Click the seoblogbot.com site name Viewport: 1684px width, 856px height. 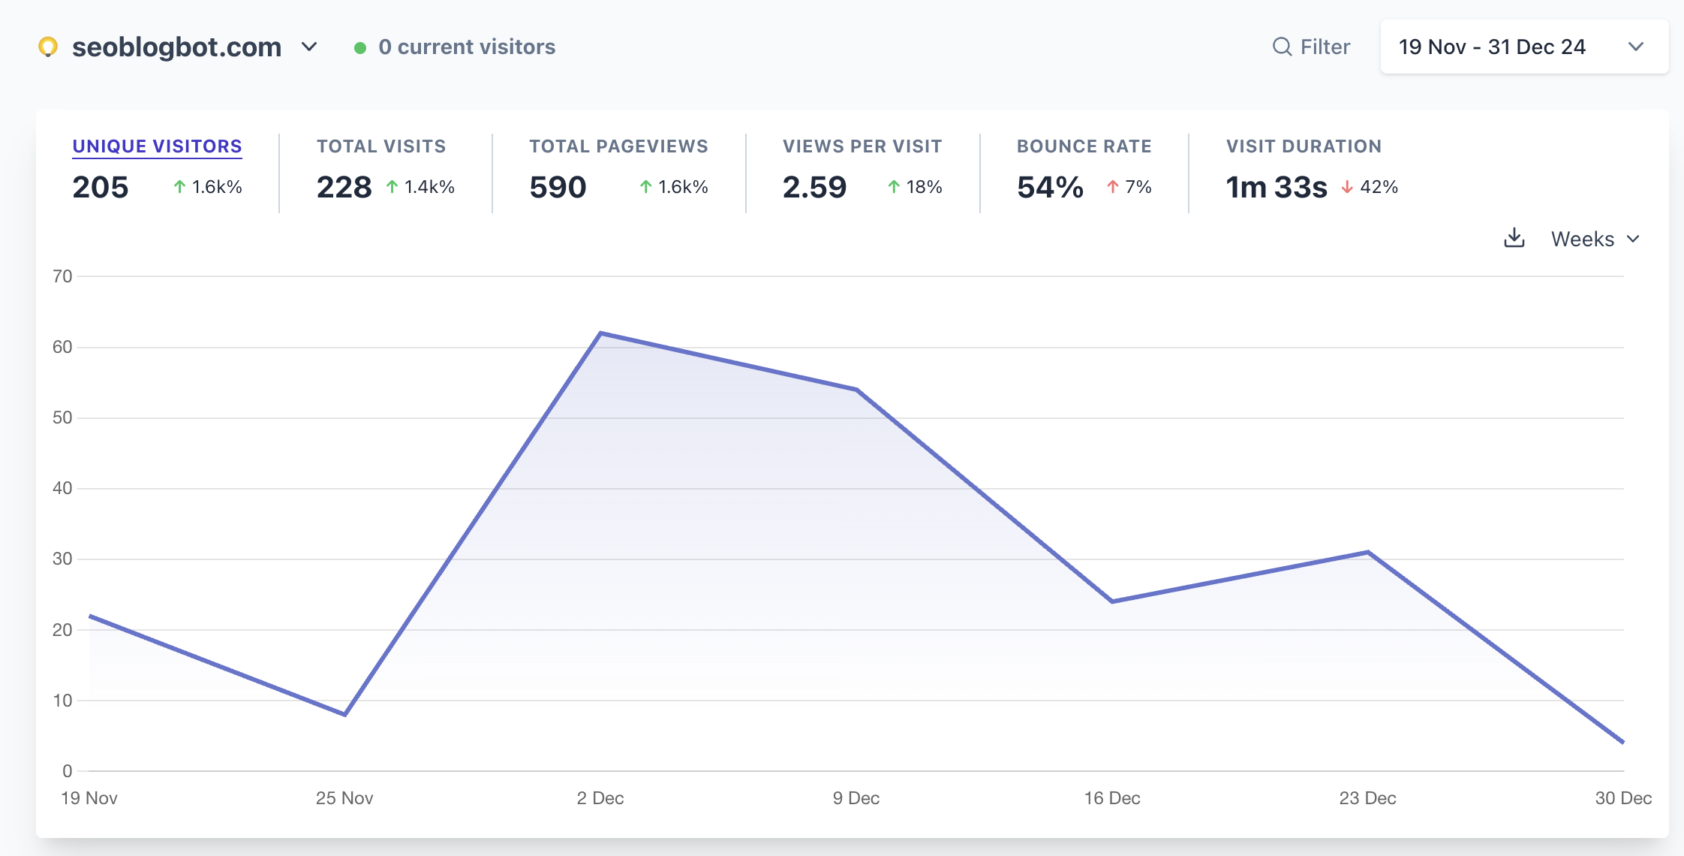pos(176,47)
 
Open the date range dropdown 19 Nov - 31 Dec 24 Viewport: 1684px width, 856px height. pos(1523,47)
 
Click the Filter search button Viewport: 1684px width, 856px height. pos(1311,47)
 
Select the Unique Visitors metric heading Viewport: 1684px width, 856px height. pos(157,146)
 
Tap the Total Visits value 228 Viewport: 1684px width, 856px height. pos(344,187)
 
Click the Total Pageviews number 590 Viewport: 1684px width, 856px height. pos(558,187)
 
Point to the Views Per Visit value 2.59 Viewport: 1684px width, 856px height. pos(814,187)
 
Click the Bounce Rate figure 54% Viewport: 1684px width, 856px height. pos(1050,187)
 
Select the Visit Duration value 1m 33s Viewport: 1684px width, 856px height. pos(1276,187)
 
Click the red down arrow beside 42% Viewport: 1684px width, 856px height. pos(1347,187)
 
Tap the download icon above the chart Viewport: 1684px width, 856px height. pos(1514,238)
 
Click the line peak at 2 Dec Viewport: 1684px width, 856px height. pos(600,333)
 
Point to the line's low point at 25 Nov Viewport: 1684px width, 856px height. pos(344,714)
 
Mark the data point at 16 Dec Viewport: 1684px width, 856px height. pos(1112,601)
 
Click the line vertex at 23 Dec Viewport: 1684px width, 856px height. pos(1368,552)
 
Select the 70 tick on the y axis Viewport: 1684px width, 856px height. pos(62,276)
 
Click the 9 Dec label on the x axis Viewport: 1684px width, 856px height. pos(856,798)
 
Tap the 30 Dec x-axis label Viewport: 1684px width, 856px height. pos(1622,798)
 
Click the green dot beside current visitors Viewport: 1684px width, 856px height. pos(360,48)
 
